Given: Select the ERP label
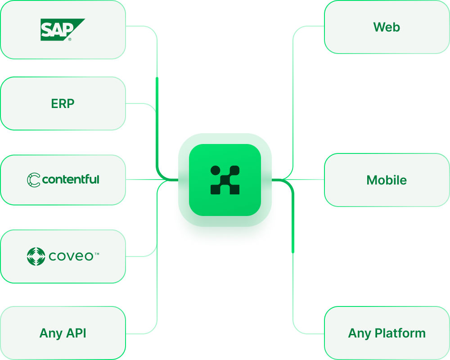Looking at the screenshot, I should pyautogui.click(x=63, y=103).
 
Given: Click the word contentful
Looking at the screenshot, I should pyautogui.click(x=71, y=180).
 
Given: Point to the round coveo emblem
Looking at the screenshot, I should pyautogui.click(x=36, y=256).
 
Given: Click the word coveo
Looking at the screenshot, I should pyautogui.click(x=71, y=256).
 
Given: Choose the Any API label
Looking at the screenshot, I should pyautogui.click(x=63, y=333).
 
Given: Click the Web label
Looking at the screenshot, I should pyautogui.click(x=387, y=27).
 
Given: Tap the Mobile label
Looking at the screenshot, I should pyautogui.click(x=387, y=180).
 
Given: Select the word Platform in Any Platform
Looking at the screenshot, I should pyautogui.click(x=400, y=333).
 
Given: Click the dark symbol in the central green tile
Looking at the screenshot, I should pyautogui.click(x=225, y=180).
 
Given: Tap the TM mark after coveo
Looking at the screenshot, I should pyautogui.click(x=97, y=254).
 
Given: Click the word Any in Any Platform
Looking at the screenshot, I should pyautogui.click(x=360, y=333).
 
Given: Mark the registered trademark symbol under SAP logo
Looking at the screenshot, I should pyautogui.click(x=69, y=39).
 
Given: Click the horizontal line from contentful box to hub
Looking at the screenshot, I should pyautogui.click(x=144, y=180).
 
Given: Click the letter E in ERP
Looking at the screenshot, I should pyautogui.click(x=54, y=103).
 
